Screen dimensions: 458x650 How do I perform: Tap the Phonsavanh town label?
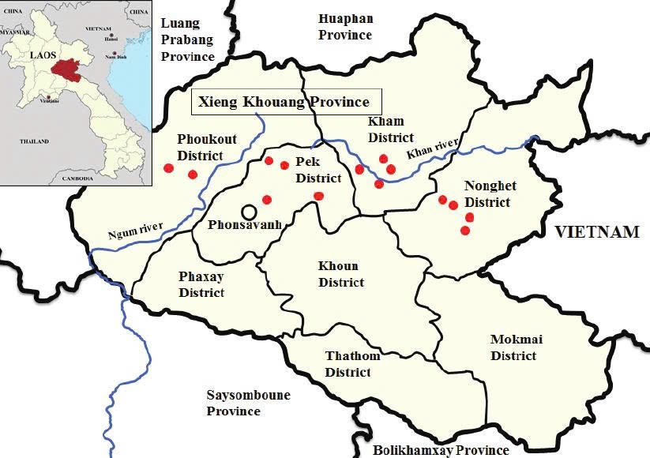point(245,225)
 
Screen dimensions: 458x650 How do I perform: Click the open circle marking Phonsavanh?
point(249,212)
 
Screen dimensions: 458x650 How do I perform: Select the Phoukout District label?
point(200,147)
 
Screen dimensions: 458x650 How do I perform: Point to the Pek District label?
point(318,170)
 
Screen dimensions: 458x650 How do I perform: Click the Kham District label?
point(390,129)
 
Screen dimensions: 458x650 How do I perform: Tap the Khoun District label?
point(340,274)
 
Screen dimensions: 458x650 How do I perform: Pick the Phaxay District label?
point(201,285)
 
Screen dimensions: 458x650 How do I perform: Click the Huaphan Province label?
point(345,27)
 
